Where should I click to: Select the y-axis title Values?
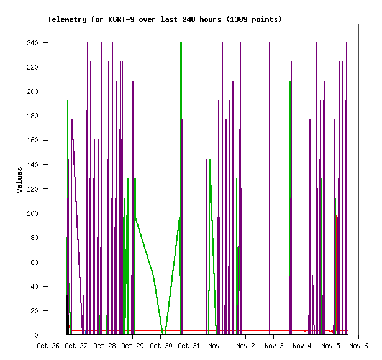pos(19,179)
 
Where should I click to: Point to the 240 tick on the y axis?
pos(32,43)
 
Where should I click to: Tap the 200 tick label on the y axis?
pos(32,91)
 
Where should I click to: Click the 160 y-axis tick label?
pos(32,140)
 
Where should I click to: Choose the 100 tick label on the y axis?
pos(32,213)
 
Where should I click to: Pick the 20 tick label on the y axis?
pos(34,311)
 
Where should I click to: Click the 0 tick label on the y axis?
pos(37,335)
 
